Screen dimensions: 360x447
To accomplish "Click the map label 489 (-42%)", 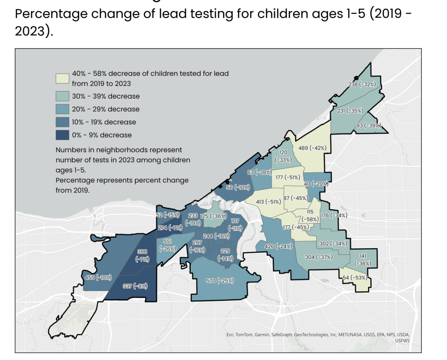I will pyautogui.click(x=312, y=148).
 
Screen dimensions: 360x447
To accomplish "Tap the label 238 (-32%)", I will pyautogui.click(x=362, y=84).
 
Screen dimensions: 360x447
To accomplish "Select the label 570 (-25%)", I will pyautogui.click(x=220, y=280).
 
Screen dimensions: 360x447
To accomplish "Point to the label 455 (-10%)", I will pyautogui.click(x=98, y=278).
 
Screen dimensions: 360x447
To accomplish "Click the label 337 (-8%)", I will pyautogui.click(x=135, y=286).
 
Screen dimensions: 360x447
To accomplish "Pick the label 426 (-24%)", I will pyautogui.click(x=278, y=246).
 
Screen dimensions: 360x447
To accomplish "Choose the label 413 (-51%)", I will pyautogui.click(x=268, y=202).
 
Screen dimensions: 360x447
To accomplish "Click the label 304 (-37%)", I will pyautogui.click(x=318, y=257).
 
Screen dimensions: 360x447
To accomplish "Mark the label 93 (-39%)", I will pyautogui.click(x=368, y=126).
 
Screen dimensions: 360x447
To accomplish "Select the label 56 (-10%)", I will pyautogui.click(x=238, y=187).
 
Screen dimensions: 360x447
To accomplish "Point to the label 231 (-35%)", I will pyautogui.click(x=350, y=111).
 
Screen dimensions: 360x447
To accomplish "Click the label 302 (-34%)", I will pyautogui.click(x=333, y=243).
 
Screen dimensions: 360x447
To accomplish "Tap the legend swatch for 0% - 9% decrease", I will pyautogui.click(x=62, y=135).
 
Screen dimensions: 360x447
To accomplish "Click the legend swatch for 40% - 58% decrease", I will pyautogui.click(x=62, y=78).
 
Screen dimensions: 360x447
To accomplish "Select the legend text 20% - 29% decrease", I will pyautogui.click(x=105, y=109).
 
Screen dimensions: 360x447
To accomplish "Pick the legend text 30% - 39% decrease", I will pyautogui.click(x=105, y=96).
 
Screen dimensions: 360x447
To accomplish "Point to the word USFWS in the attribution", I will pyautogui.click(x=402, y=340).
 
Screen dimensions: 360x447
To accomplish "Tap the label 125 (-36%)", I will pyautogui.click(x=213, y=216).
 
